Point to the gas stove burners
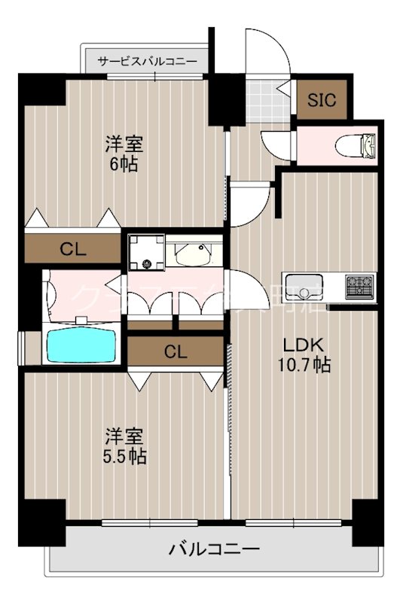[x=359, y=287]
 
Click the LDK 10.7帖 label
[x=304, y=354]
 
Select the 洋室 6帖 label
[x=123, y=154]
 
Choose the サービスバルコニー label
[x=148, y=62]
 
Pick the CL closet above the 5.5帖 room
[x=176, y=350]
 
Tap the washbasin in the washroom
[x=194, y=254]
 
